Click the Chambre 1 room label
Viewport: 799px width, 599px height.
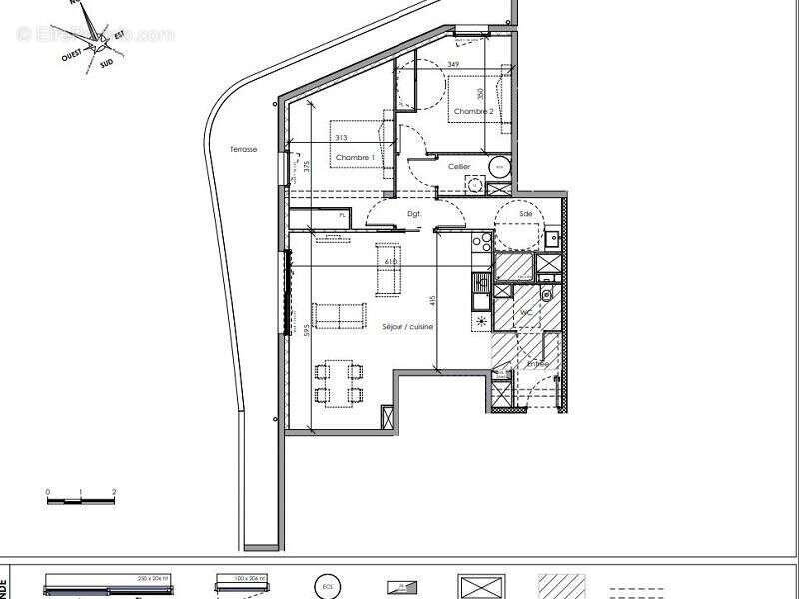[355, 158]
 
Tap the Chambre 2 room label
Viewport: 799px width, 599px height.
[473, 111]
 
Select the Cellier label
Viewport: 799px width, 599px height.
[459, 166]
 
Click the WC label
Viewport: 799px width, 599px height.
[522, 312]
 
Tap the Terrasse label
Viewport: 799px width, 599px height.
[243, 149]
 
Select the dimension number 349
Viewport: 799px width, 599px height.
[454, 65]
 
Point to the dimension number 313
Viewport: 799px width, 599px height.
[341, 138]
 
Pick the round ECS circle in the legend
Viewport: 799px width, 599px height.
[325, 586]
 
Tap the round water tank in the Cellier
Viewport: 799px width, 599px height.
[500, 167]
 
